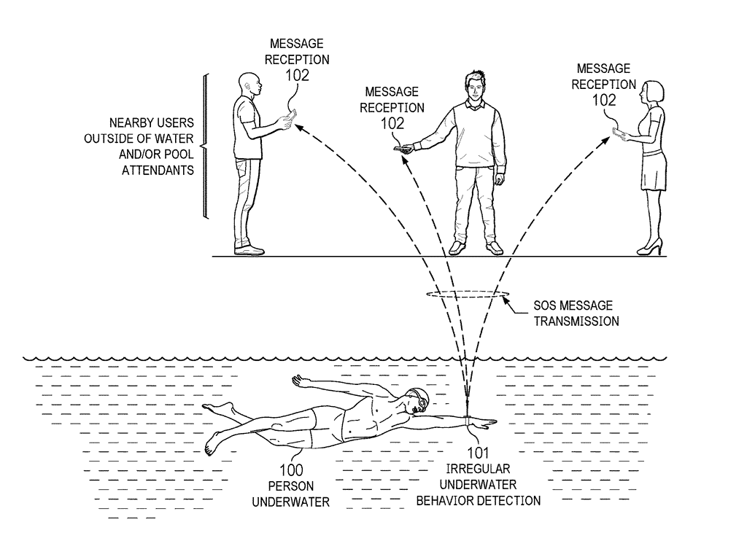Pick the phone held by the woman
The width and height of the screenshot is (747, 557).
tap(617, 133)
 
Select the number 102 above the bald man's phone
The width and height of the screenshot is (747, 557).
tap(297, 74)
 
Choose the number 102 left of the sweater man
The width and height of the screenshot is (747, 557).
tap(392, 123)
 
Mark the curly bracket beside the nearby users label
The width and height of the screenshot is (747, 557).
tap(204, 146)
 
